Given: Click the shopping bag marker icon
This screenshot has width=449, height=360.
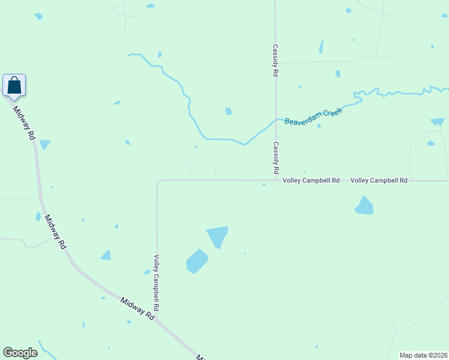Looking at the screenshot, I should point(14,85).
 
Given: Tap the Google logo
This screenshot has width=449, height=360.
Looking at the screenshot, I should point(20,353).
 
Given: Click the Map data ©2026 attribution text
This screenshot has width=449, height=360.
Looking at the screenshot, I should point(423,355).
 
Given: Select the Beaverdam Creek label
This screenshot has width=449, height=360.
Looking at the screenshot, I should point(313,116).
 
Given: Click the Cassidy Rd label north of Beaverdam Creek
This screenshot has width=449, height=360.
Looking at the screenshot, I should point(276,59).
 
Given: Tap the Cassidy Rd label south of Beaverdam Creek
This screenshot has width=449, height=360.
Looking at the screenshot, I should point(276,157).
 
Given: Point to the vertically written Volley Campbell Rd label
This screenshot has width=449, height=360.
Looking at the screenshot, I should point(156,282).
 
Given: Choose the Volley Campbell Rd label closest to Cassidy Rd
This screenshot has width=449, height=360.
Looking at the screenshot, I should point(312,180).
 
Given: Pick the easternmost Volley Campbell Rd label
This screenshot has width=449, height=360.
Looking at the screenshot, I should point(379,180).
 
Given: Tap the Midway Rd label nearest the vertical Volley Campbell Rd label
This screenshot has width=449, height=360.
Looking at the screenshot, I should point(137,308).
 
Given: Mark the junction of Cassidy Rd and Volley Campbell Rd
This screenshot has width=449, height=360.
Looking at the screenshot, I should point(276,180).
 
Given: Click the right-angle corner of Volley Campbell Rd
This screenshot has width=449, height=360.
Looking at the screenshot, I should point(157,181).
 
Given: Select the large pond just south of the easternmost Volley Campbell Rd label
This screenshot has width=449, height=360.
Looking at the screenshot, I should point(364,206).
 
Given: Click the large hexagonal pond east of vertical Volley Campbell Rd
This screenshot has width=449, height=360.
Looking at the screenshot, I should point(196,261).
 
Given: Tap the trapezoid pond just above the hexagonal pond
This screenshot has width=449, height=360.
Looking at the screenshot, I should point(217,236).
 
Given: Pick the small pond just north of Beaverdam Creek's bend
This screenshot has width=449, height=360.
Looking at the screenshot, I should point(228,111).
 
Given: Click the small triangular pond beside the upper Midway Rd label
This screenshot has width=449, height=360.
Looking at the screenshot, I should point(44,145).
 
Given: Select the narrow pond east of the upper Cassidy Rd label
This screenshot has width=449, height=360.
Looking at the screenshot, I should point(321,47).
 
